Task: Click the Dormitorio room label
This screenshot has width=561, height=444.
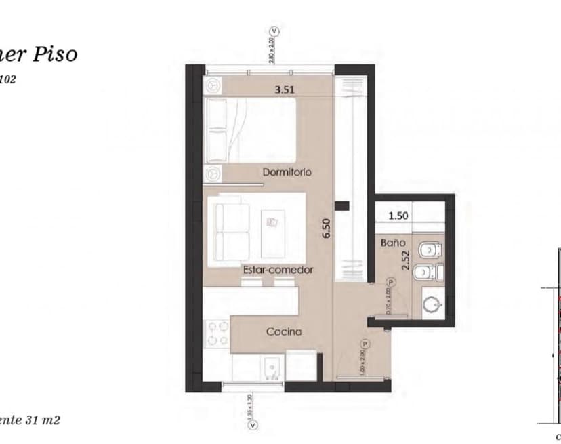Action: point(287,172)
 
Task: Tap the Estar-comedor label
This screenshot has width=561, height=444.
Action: point(278,270)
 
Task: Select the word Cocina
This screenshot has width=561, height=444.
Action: point(283,332)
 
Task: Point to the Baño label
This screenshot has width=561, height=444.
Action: point(393,242)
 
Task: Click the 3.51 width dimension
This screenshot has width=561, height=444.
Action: point(287,88)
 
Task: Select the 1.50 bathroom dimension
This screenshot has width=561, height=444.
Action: point(398,216)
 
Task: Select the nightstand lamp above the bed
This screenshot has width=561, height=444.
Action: point(214,85)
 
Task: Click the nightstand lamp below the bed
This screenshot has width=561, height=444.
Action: point(214,173)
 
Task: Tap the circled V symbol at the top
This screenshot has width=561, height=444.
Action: point(274,31)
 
